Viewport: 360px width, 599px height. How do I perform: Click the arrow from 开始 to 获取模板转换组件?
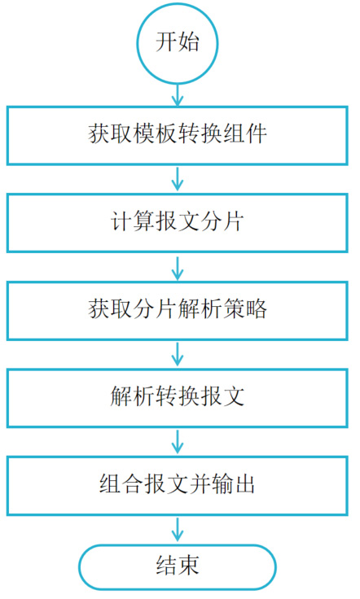178,94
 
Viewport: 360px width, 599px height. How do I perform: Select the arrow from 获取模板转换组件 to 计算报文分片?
178,179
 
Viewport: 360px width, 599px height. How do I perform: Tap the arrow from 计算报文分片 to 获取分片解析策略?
178,267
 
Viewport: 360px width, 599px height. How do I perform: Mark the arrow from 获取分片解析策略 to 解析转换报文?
178,354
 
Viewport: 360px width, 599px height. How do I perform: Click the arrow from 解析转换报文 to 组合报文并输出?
178,442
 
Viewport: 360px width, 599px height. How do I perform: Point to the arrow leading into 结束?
178,531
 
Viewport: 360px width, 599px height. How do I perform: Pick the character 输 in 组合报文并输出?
222,484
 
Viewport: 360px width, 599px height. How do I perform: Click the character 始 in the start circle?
189,42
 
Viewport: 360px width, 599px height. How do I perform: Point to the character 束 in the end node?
189,566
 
